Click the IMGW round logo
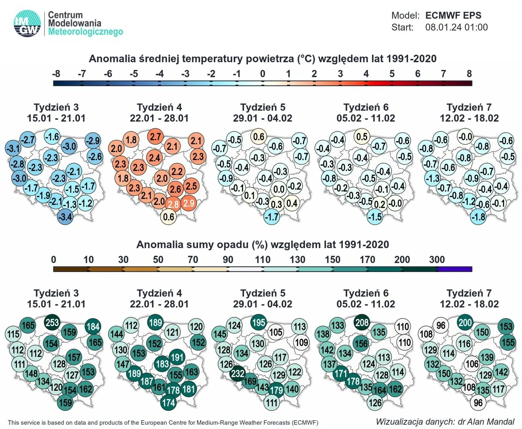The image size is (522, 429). (x=27, y=24)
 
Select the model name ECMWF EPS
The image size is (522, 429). (x=453, y=16)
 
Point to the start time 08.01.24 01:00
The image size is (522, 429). (x=456, y=27)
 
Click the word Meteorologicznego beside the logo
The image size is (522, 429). (x=85, y=32)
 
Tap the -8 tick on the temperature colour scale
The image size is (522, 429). (x=56, y=74)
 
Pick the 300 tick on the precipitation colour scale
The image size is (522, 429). (x=437, y=260)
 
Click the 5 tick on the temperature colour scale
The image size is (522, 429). (x=392, y=74)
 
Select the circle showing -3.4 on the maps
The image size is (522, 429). (x=65, y=217)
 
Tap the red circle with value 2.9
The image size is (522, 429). (x=189, y=203)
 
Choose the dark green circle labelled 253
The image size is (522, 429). (x=52, y=322)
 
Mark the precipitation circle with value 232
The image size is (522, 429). (x=238, y=373)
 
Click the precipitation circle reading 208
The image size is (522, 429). (x=362, y=322)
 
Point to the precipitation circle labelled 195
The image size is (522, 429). (x=258, y=322)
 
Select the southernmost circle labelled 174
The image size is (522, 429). (x=169, y=402)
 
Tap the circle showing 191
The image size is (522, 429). (x=177, y=357)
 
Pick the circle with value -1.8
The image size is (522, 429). (x=478, y=217)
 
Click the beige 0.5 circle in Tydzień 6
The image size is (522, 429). (x=362, y=136)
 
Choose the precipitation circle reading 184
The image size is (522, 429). (x=93, y=326)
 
